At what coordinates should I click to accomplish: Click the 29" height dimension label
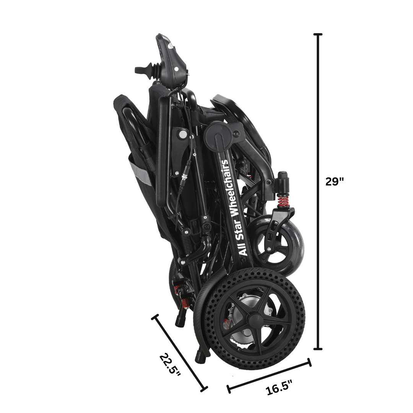click(x=335, y=181)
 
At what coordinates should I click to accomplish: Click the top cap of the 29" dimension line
click(x=318, y=34)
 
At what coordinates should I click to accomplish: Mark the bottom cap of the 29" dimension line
click(x=318, y=348)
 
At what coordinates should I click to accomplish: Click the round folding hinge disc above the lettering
click(x=219, y=134)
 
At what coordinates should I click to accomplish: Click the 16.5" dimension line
click(x=269, y=376)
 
